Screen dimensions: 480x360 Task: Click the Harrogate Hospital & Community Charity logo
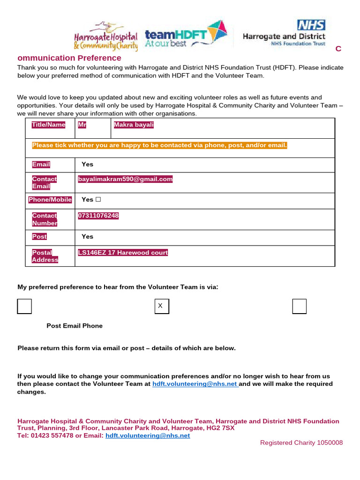[106, 36]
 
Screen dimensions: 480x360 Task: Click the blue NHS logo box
[311, 25]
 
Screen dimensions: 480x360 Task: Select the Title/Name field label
[48, 125]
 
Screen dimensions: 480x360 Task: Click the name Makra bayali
[134, 125]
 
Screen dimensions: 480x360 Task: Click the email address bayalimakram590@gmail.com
[125, 179]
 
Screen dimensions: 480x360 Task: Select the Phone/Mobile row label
[50, 200]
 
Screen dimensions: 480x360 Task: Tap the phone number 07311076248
[98, 216]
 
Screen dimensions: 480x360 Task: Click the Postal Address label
[45, 256]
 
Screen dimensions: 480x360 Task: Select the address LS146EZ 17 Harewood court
[123, 253]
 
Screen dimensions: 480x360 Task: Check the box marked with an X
[161, 306]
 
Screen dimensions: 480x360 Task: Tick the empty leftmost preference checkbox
[24, 306]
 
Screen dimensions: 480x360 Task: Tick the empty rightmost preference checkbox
[299, 306]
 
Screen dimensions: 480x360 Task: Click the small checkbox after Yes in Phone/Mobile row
[98, 200]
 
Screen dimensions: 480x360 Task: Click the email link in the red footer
[148, 435]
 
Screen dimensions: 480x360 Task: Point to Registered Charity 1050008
[301, 443]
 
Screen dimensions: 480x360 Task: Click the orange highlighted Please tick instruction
[159, 145]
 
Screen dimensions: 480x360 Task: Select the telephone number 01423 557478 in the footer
[52, 435]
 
